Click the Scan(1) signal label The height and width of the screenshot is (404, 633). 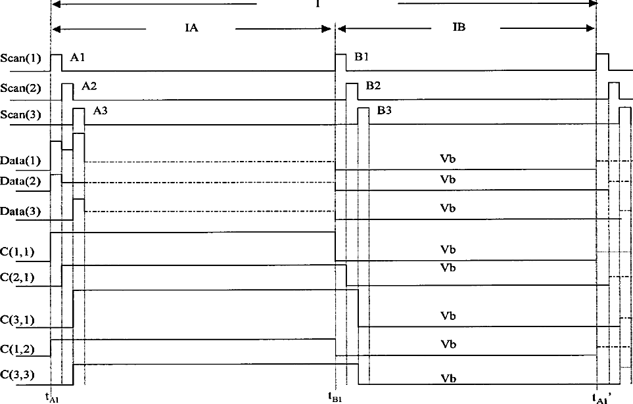pyautogui.click(x=20, y=58)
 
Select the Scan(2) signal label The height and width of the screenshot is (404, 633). pyautogui.click(x=20, y=88)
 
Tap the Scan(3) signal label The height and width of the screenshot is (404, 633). pyautogui.click(x=20, y=115)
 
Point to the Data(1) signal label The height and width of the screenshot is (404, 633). pyautogui.click(x=20, y=161)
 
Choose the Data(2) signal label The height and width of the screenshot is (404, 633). pyautogui.click(x=20, y=181)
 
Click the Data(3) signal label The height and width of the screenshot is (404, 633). pyautogui.click(x=20, y=211)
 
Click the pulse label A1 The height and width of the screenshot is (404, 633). pyautogui.click(x=78, y=57)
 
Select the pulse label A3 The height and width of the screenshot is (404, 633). pyautogui.click(x=101, y=110)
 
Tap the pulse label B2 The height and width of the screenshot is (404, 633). pyautogui.click(x=373, y=86)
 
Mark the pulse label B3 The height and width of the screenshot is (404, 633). pyautogui.click(x=385, y=110)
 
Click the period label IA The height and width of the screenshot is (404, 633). pyautogui.click(x=191, y=28)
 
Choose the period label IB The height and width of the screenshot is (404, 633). pyautogui.click(x=459, y=27)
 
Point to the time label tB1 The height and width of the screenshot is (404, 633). pyautogui.click(x=335, y=397)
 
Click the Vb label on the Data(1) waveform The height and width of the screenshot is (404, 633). pyautogui.click(x=448, y=158)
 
